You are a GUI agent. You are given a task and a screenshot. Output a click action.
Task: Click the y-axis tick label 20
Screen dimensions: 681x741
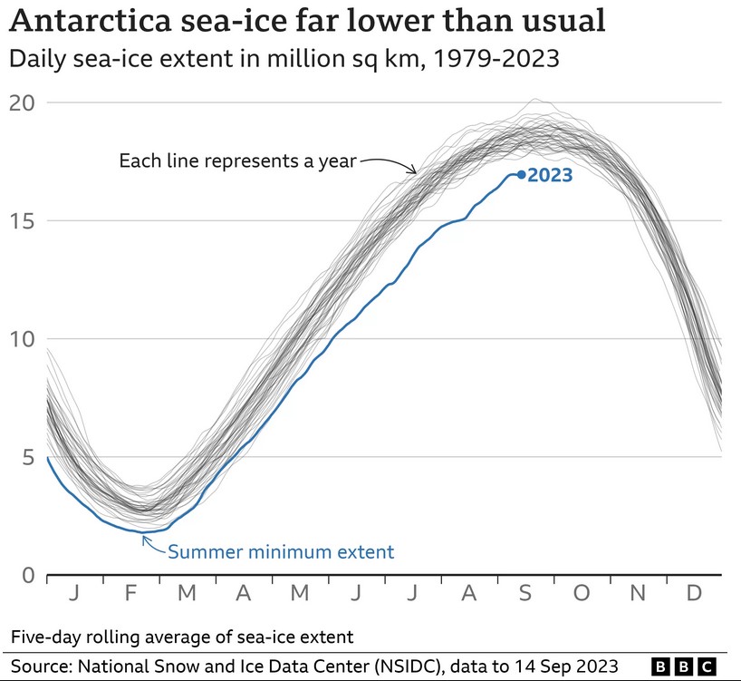(22, 102)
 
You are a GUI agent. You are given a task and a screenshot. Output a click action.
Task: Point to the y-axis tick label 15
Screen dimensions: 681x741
(22, 220)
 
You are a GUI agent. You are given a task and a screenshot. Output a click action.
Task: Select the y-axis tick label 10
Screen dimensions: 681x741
(22, 339)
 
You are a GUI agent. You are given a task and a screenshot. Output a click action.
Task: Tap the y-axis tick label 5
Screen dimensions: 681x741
(27, 458)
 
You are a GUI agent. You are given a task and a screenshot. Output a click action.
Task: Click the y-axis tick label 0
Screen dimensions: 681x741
(27, 576)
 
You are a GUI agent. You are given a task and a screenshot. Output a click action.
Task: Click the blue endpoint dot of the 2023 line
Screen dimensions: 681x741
(521, 174)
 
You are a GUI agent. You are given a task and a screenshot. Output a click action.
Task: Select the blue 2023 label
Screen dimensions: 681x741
(550, 175)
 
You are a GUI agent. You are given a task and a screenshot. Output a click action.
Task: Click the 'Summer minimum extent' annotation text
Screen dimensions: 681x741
(281, 551)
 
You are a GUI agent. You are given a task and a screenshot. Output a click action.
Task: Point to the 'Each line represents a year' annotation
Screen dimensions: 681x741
(238, 161)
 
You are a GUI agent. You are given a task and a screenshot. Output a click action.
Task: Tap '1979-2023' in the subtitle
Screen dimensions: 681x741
(501, 60)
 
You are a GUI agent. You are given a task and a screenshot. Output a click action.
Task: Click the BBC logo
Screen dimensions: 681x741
(685, 666)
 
